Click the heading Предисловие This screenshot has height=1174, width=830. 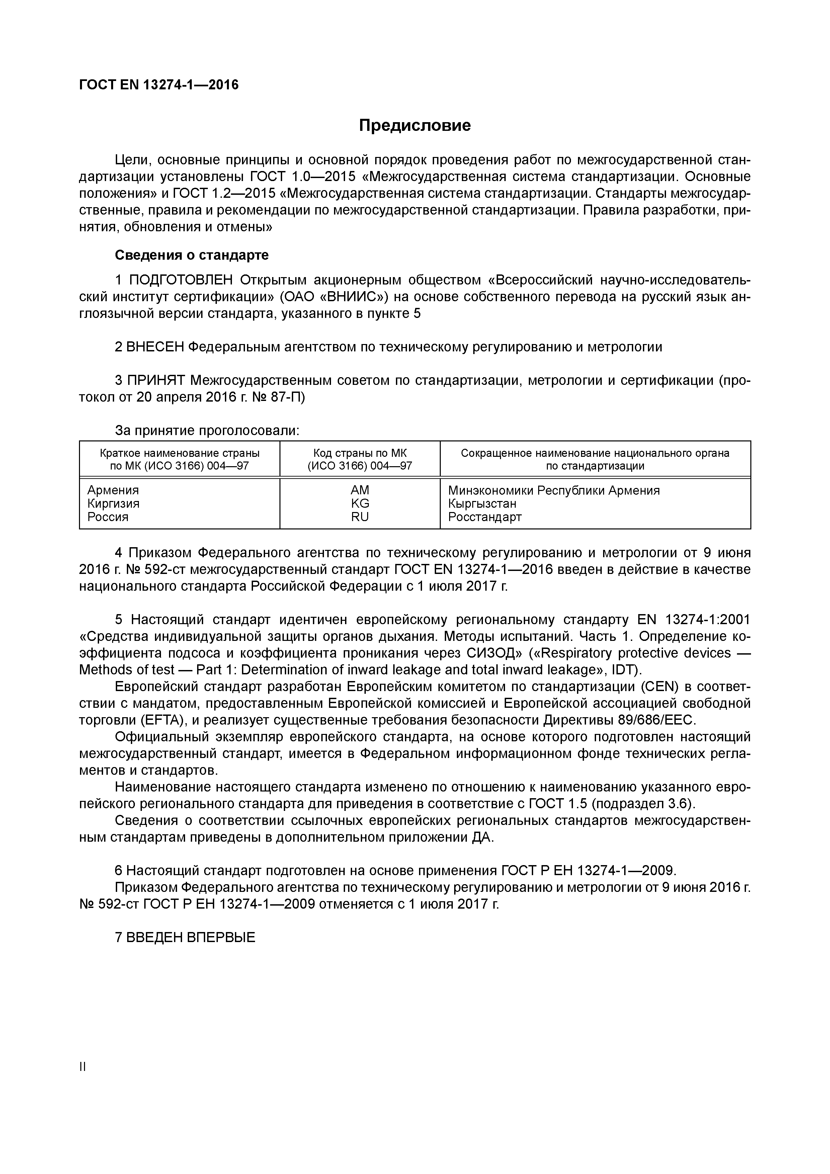coord(414,125)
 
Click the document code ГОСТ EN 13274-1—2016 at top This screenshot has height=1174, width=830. coord(159,84)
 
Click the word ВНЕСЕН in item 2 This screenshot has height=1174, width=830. coord(154,347)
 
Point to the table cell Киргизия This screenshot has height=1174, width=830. coord(113,504)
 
